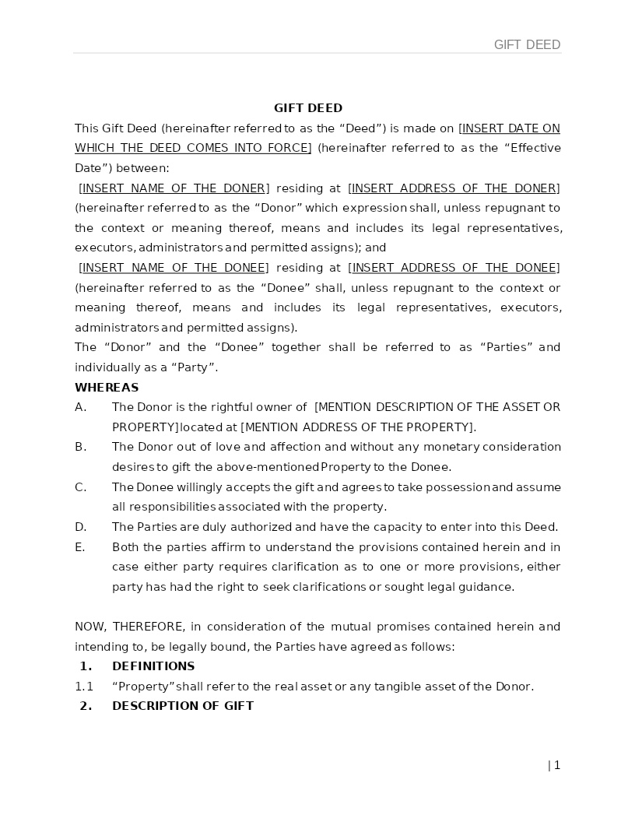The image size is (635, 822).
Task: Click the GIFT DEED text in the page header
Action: point(527,45)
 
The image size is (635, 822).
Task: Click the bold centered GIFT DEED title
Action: point(308,108)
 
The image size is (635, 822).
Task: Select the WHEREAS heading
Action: point(107,388)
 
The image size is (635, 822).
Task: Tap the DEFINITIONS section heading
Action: point(153,666)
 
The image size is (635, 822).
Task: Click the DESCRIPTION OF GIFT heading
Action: point(183,706)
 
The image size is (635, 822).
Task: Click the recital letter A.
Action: point(80,407)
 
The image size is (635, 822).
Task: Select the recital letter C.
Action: point(80,487)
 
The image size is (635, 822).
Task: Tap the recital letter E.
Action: point(80,547)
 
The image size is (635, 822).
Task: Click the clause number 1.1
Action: point(84,687)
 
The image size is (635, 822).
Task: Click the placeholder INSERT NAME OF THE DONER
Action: point(174,188)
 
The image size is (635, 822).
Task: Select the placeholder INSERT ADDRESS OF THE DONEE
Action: point(454,268)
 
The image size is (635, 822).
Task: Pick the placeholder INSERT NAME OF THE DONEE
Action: point(174,268)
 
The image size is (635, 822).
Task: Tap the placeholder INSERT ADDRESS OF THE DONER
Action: point(454,188)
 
